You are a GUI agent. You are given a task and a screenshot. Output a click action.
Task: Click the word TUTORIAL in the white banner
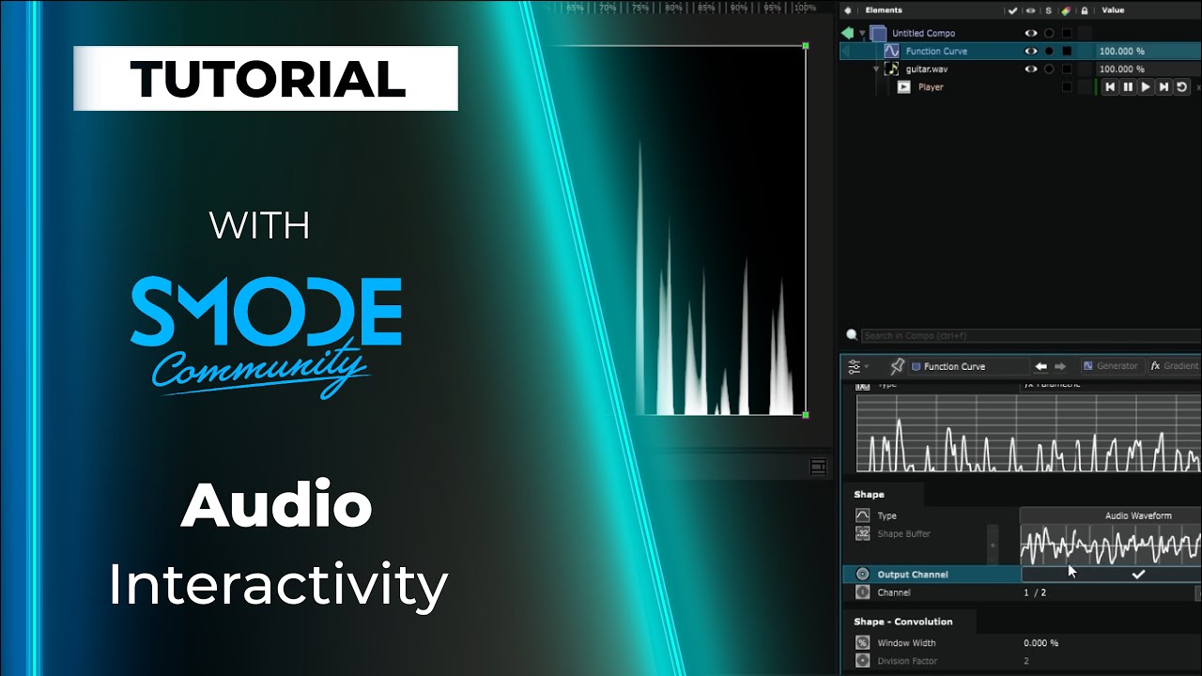(x=267, y=79)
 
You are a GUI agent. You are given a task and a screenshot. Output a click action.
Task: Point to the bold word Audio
(x=277, y=508)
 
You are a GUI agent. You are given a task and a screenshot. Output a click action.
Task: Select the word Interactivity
(x=277, y=586)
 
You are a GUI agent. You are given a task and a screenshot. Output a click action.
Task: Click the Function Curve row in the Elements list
(x=936, y=52)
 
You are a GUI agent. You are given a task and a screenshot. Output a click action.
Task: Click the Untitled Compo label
(x=923, y=34)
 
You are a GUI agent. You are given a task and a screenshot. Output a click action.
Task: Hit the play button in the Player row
(x=1146, y=87)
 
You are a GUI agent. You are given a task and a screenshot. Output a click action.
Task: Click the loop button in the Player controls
(x=1182, y=87)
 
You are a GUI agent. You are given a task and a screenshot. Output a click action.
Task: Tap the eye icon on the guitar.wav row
(x=1031, y=69)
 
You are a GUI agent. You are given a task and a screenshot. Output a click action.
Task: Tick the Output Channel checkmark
(x=1138, y=575)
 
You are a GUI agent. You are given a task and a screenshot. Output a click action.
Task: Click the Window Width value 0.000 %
(x=1040, y=643)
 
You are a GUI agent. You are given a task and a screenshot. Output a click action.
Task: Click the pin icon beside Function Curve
(x=897, y=366)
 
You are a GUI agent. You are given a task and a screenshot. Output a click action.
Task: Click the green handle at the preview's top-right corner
(x=806, y=45)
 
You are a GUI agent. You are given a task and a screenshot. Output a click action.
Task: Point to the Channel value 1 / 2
(x=1034, y=593)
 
